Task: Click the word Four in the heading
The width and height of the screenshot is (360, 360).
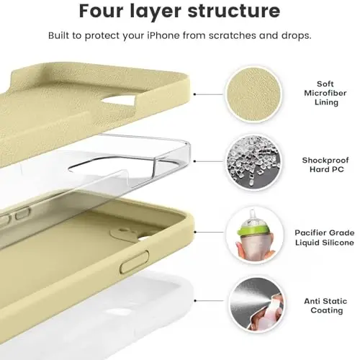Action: [106, 12]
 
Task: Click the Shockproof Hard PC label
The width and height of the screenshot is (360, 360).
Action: [324, 165]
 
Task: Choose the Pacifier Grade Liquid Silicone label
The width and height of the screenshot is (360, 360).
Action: [324, 238]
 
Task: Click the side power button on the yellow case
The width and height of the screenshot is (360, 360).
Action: [132, 268]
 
